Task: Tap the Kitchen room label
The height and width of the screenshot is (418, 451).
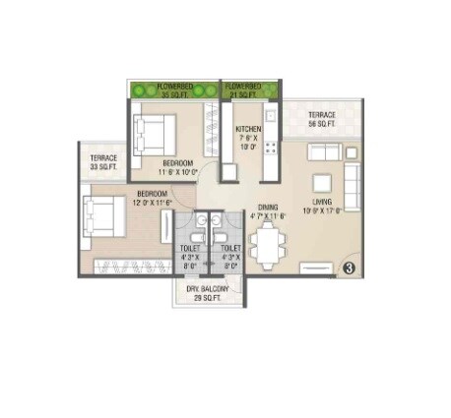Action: point(247,137)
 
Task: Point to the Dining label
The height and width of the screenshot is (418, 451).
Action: point(266,210)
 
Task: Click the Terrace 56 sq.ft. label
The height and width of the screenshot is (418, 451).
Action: point(322,120)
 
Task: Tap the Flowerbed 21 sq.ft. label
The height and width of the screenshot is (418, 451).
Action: point(243,90)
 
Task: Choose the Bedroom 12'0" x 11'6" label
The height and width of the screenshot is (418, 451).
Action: point(154,198)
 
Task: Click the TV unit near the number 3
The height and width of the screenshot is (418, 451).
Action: point(316,267)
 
